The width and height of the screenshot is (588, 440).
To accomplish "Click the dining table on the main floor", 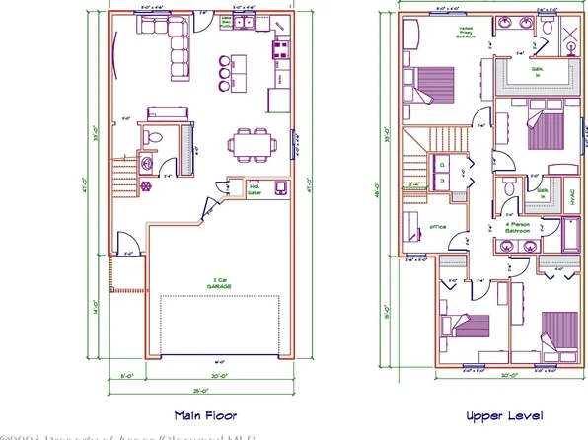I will tap(246, 143).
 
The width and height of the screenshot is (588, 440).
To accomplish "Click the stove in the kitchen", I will tap(280, 49).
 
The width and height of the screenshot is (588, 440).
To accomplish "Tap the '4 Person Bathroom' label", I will tap(516, 228).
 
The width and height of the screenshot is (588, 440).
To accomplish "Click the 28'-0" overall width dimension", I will tap(201, 391).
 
